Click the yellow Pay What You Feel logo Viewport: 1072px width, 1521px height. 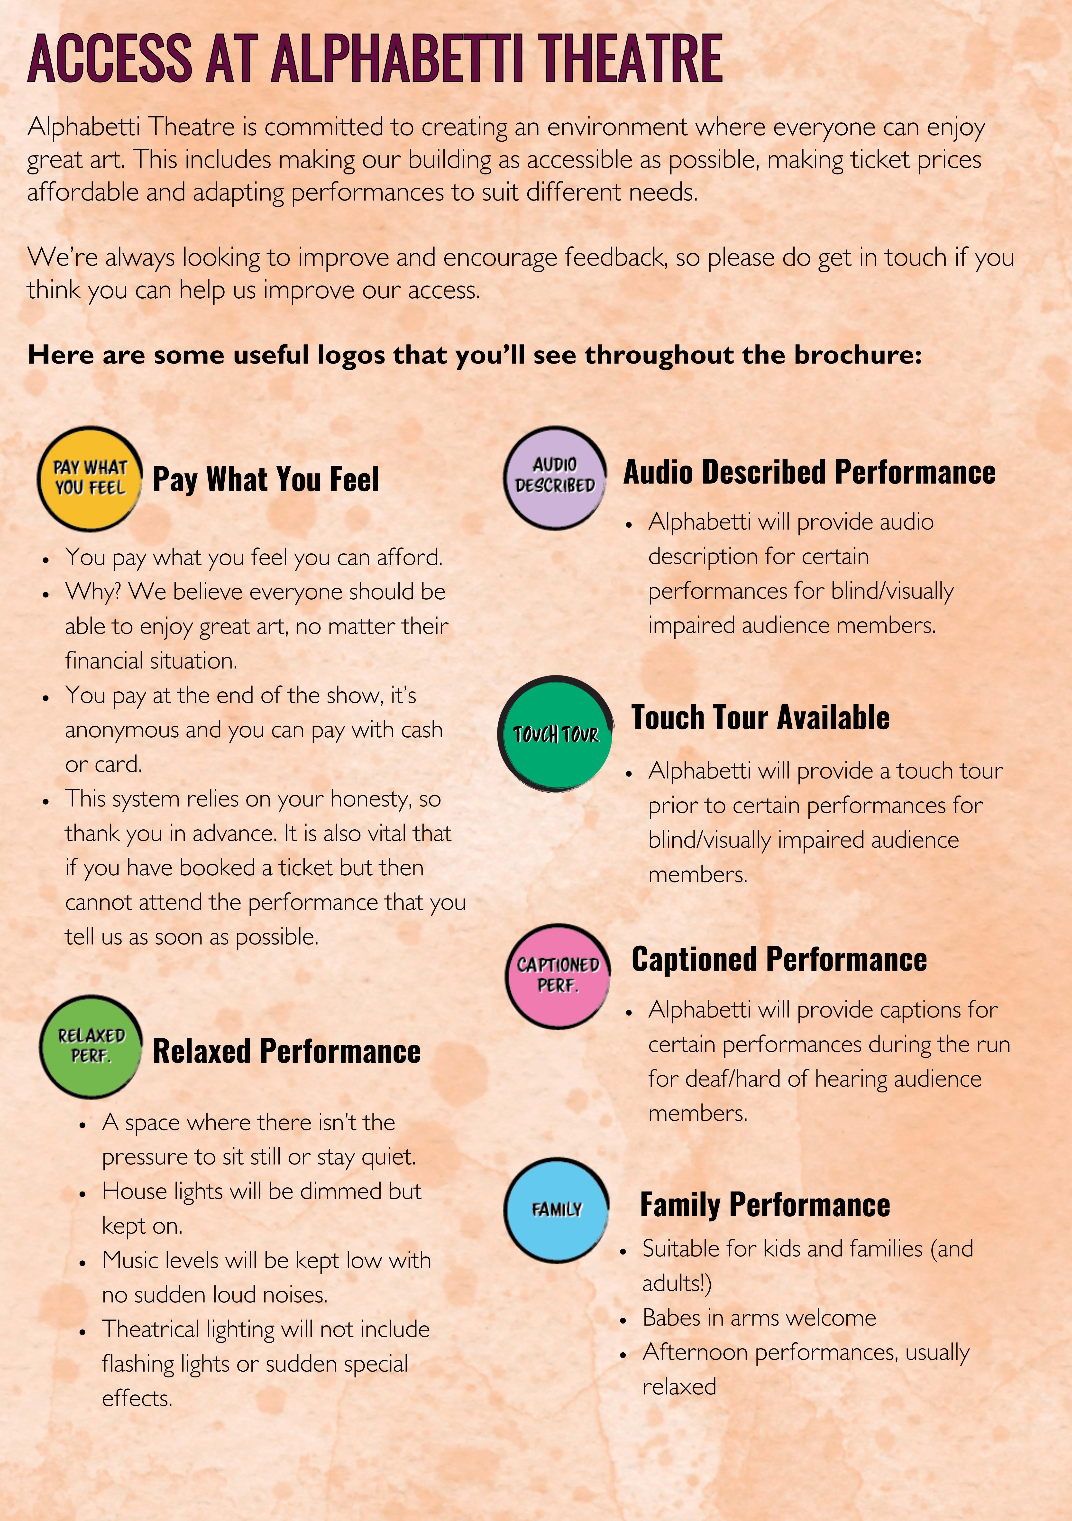pyautogui.click(x=90, y=478)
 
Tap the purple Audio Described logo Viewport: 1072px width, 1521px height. pyautogui.click(x=555, y=477)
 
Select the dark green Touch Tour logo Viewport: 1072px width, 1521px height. pyautogui.click(x=555, y=733)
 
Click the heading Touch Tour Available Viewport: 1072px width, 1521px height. pyautogui.click(x=760, y=717)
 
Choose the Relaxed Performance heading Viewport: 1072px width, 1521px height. pyautogui.click(x=286, y=1051)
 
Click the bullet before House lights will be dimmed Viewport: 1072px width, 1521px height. pyautogui.click(x=82, y=1192)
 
